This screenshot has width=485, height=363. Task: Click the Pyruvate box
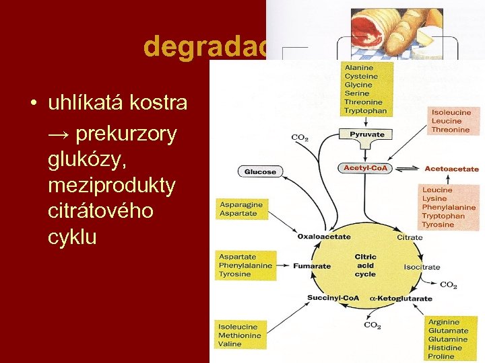(367, 134)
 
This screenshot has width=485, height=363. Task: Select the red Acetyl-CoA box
(366, 167)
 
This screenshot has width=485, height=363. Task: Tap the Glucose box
(260, 171)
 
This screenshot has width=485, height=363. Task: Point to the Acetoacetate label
(451, 169)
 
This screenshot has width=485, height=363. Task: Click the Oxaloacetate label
(324, 237)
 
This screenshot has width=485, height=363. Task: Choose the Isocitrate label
(422, 267)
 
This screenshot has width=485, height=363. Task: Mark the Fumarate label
(312, 266)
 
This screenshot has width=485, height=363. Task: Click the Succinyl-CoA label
(333, 298)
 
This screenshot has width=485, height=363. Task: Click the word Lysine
(434, 199)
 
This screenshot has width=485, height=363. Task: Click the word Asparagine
(240, 204)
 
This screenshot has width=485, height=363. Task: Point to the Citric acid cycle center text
(365, 266)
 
